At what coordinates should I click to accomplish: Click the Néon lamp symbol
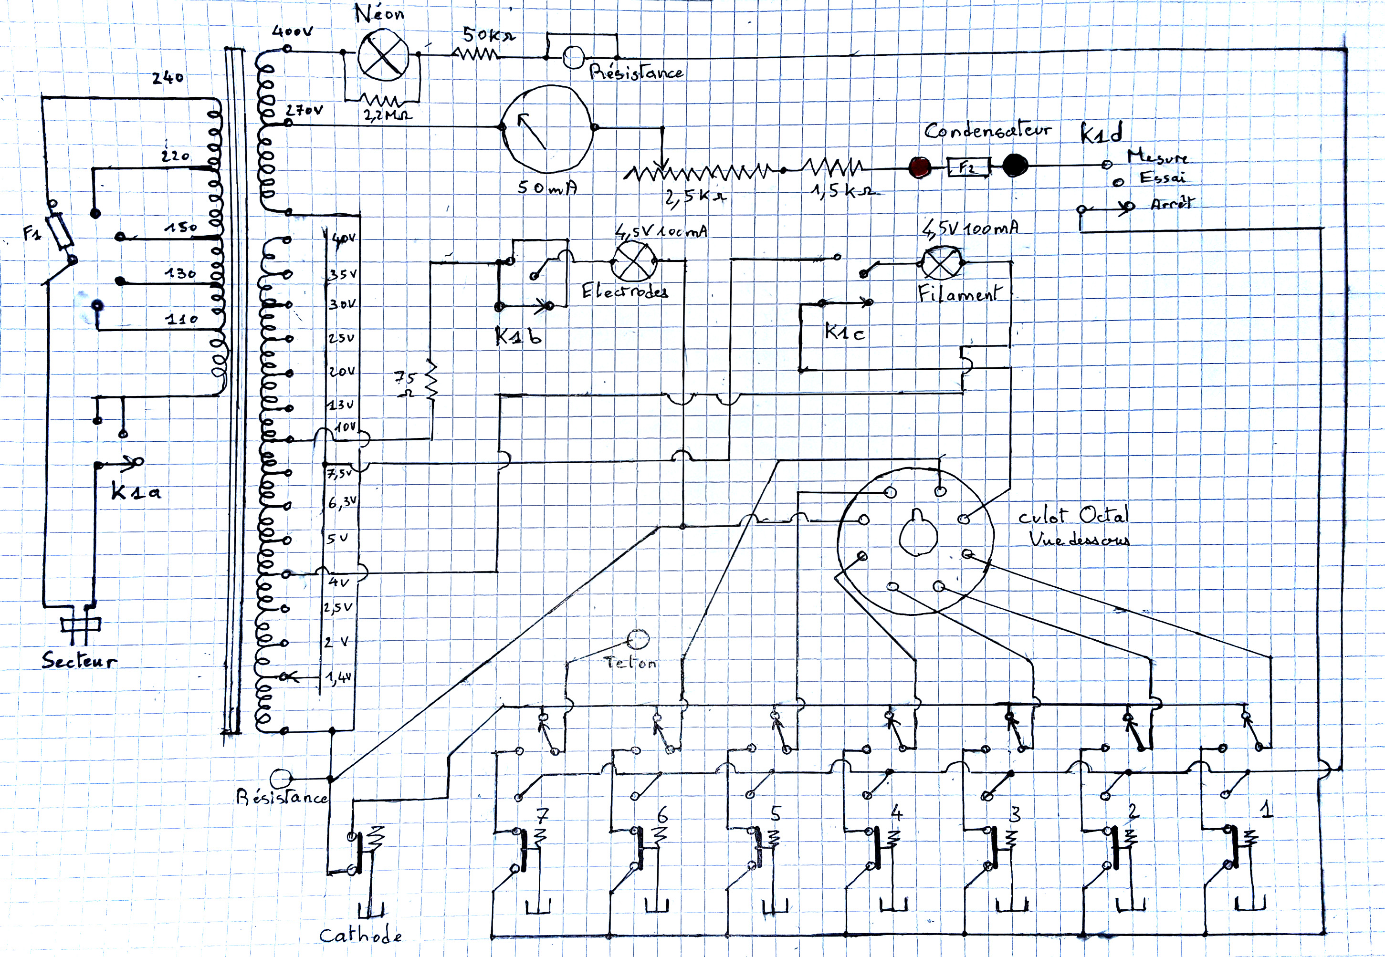click(383, 55)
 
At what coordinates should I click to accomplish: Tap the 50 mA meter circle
click(547, 128)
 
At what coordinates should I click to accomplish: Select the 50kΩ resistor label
click(488, 35)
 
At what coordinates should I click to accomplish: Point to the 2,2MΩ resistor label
click(388, 114)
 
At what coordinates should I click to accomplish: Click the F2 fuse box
click(967, 166)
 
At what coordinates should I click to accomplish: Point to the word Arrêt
click(1172, 203)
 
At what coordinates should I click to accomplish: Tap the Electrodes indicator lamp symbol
click(634, 261)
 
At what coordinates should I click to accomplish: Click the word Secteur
click(79, 661)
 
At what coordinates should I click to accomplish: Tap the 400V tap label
click(292, 31)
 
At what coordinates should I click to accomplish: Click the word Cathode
click(360, 935)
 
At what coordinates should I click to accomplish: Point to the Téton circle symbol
click(638, 639)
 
